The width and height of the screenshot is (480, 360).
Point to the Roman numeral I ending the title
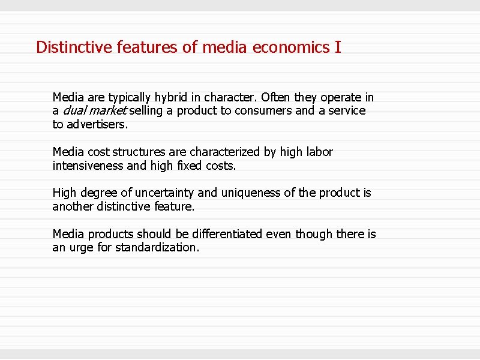point(338,47)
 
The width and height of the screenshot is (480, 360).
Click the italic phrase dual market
point(94,111)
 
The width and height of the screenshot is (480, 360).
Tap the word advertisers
point(98,125)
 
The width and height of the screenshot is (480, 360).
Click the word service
point(347,111)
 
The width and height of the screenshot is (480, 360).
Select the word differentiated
point(221,234)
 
